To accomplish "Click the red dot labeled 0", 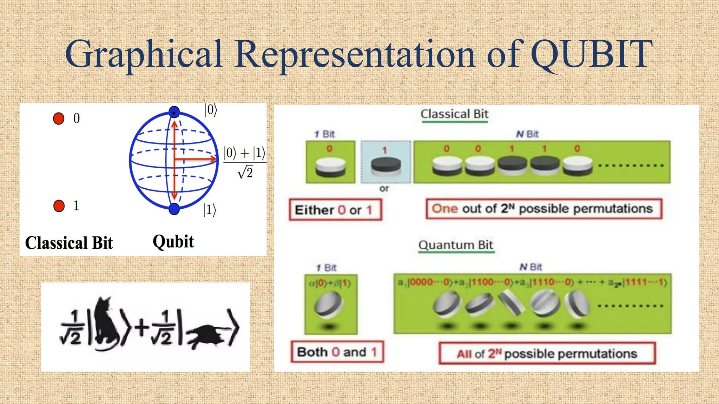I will (x=59, y=119).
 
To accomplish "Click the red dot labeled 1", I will (x=59, y=206).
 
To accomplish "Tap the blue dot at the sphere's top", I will (x=174, y=112).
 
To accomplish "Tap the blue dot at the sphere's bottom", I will (x=174, y=209).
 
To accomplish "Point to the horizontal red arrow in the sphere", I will (x=195, y=159).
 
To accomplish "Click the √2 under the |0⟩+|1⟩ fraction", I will (x=245, y=173).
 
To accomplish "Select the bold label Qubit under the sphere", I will (x=173, y=242).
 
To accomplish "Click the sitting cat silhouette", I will (x=106, y=323).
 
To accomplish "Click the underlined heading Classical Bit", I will (x=454, y=114).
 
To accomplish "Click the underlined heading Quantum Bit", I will (x=456, y=245).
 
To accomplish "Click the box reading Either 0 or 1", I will (x=335, y=210).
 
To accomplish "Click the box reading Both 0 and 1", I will (x=337, y=352).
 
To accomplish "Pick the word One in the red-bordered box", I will (x=444, y=209).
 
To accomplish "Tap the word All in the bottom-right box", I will (x=464, y=354).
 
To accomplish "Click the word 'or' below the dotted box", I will (x=384, y=189).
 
